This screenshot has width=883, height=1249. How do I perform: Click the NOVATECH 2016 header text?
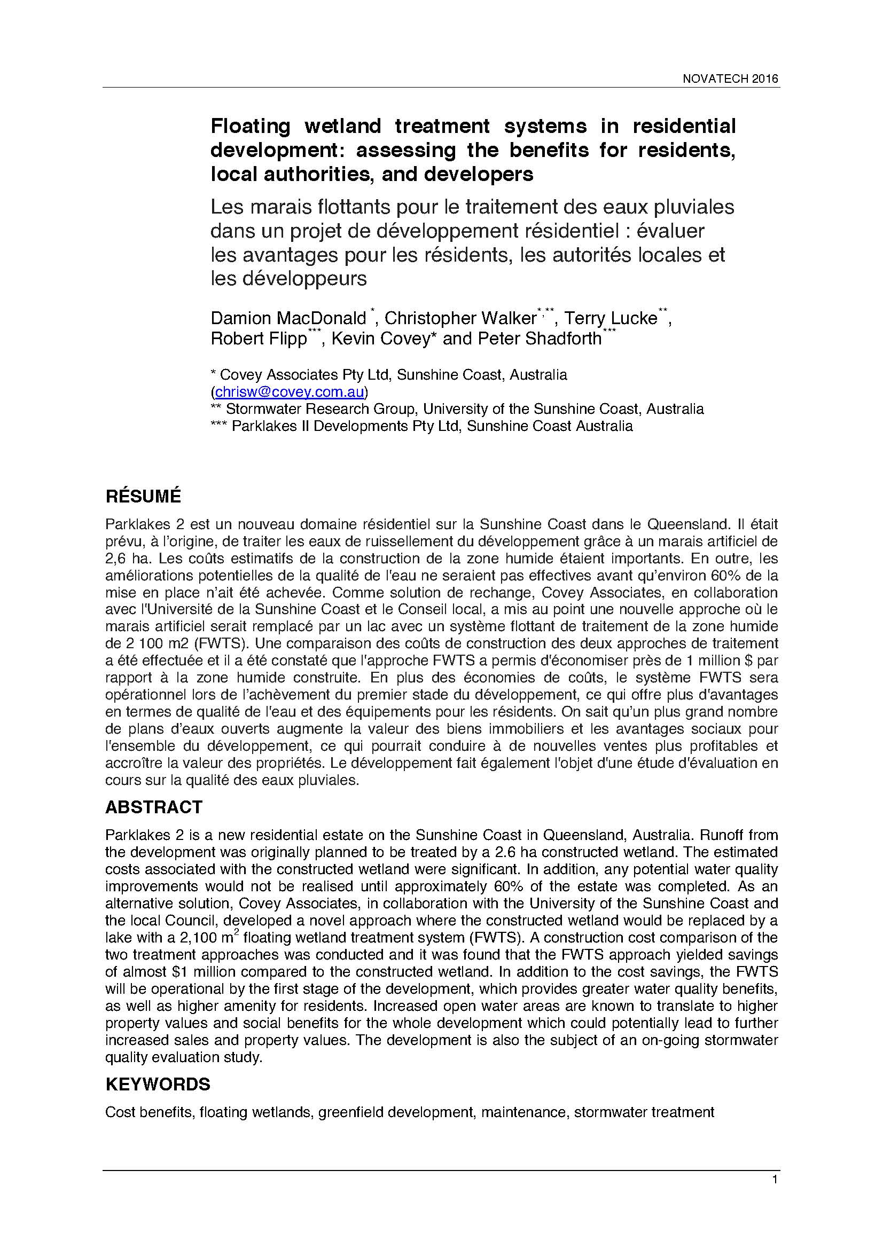[730, 78]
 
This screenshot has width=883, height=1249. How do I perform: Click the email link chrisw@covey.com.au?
[290, 391]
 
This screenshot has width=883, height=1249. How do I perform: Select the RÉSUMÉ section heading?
[143, 496]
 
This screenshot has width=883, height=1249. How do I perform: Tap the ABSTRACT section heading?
[154, 807]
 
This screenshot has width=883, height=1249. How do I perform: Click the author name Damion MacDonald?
[288, 318]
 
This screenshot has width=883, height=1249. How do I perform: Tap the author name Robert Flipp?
[259, 339]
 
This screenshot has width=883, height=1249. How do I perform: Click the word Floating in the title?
[251, 126]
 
